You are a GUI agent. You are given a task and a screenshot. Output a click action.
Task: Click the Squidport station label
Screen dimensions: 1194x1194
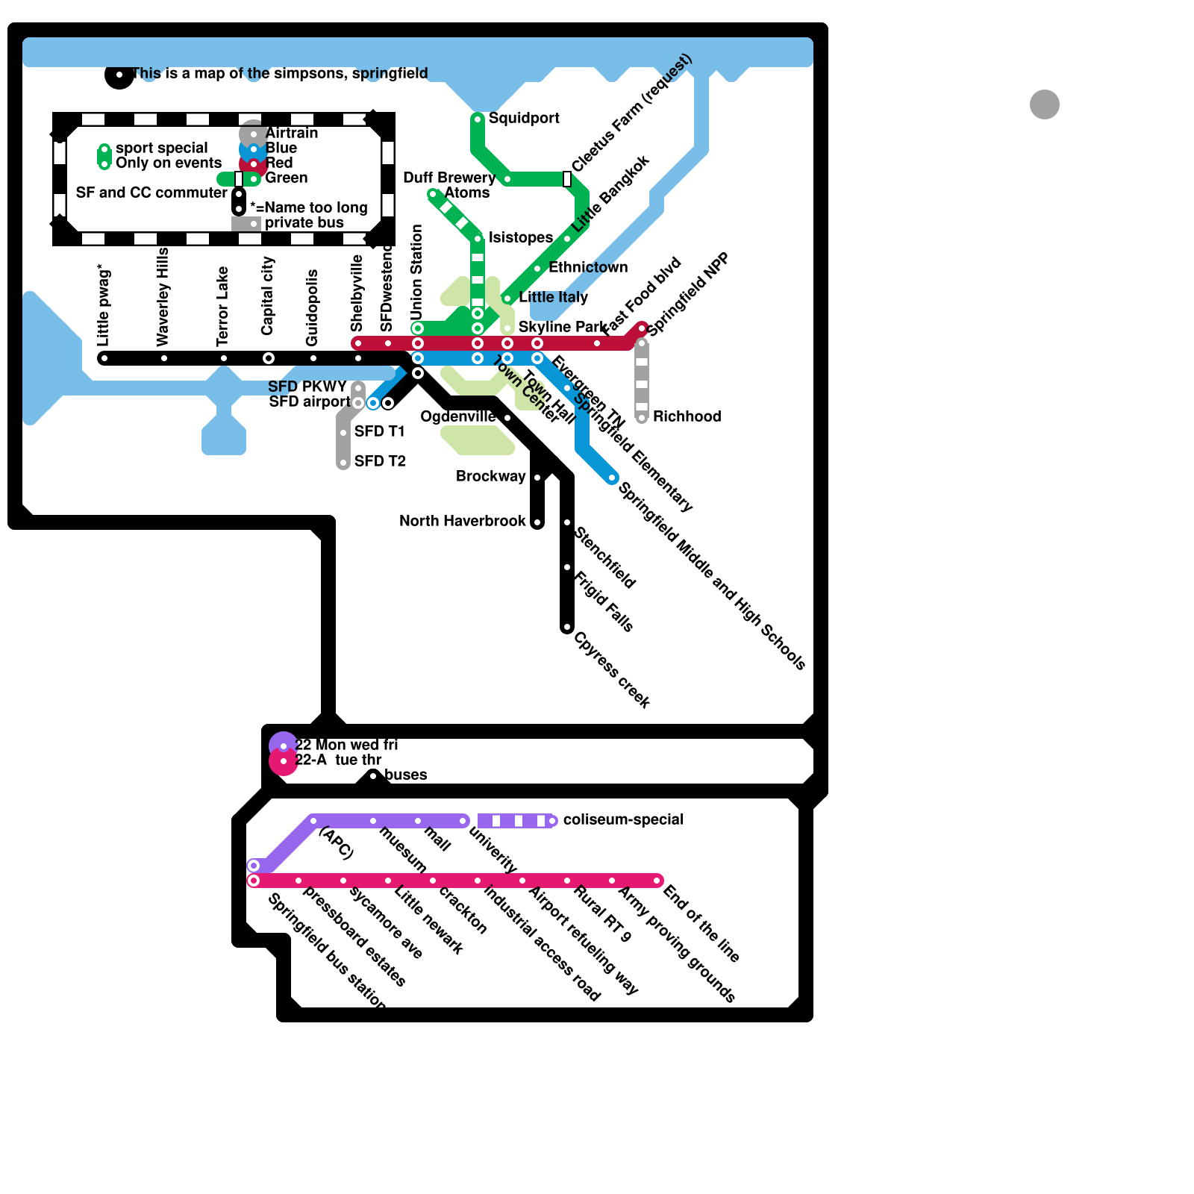pos(524,119)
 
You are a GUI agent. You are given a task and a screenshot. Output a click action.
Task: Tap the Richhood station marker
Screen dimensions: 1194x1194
pos(642,418)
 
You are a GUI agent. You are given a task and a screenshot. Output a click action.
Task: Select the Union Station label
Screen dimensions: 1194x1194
pos(416,271)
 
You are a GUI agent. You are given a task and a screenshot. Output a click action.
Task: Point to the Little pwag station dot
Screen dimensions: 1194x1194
pos(104,359)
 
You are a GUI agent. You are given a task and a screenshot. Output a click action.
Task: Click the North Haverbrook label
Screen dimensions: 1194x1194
pos(462,521)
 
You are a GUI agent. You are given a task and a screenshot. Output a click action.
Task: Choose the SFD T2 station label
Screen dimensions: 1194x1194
pos(380,461)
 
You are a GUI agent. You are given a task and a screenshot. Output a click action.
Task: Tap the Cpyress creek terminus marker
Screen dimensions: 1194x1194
pos(567,628)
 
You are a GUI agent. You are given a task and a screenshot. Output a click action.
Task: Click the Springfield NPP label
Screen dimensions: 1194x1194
pos(687,294)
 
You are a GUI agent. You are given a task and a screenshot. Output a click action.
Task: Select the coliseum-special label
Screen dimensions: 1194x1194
pos(623,819)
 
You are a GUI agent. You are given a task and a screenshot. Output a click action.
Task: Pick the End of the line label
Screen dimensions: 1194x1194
pos(701,923)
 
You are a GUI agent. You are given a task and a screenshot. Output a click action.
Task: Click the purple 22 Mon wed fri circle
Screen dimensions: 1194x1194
pos(283,746)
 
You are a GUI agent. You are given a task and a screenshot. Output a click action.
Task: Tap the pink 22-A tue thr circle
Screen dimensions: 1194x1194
pos(283,762)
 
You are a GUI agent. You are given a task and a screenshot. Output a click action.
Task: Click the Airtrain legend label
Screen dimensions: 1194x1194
pos(292,133)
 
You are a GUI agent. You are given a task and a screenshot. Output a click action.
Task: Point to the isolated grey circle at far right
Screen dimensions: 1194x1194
pos(1045,104)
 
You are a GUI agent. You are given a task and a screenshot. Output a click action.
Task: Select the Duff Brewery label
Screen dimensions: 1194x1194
pos(448,178)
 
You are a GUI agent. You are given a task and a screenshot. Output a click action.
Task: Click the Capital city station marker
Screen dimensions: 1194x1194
pos(269,359)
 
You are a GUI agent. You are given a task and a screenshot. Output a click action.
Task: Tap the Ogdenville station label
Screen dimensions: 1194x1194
pos(457,416)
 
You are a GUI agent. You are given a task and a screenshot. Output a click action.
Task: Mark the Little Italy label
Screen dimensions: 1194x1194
pos(553,297)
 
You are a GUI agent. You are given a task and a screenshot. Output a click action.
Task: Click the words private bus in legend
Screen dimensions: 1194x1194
pos(304,222)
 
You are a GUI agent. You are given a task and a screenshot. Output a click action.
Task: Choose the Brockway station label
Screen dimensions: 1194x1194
pos(490,476)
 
